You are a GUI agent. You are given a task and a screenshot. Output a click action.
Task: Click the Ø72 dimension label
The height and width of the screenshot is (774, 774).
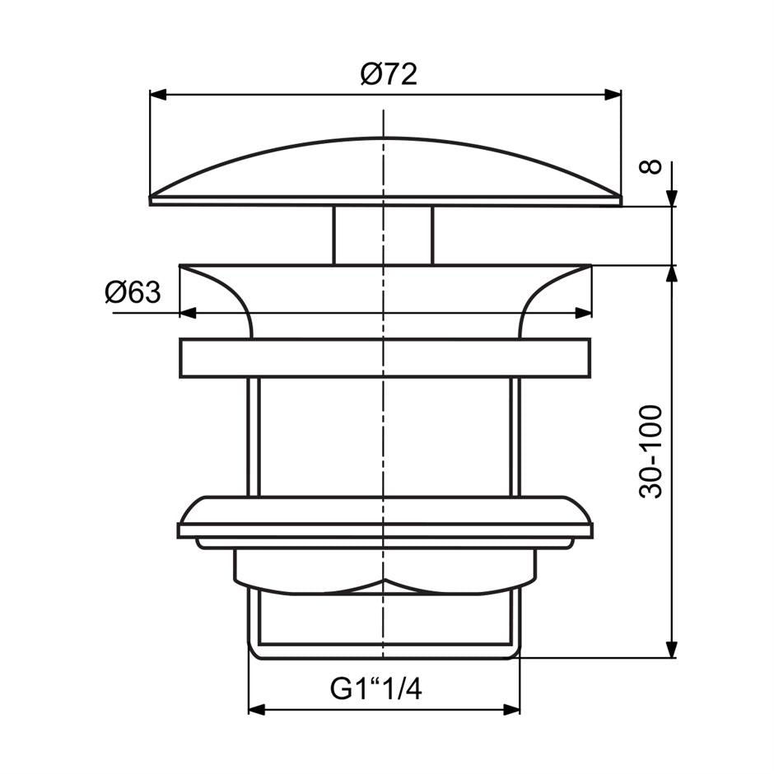point(389,75)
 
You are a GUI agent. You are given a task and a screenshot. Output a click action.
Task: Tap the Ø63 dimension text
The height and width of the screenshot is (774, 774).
point(133,292)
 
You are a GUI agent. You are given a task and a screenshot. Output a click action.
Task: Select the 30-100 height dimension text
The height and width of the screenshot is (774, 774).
point(651,450)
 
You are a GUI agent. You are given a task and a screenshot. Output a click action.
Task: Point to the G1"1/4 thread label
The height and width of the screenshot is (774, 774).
point(376,688)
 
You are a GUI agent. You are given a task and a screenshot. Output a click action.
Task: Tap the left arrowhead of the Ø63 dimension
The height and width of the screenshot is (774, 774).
point(188,313)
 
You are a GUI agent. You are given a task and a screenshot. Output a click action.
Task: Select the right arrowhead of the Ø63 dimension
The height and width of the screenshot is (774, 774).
point(583,313)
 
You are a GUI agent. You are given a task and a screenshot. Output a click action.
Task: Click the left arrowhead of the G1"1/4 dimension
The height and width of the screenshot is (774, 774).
point(257,709)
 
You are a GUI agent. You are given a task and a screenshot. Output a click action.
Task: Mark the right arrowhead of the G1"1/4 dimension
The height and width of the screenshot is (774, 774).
point(511,709)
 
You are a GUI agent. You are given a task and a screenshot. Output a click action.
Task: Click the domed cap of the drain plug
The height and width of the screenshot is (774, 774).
point(385,169)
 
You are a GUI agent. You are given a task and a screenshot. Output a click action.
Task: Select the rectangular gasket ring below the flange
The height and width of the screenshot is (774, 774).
point(385,357)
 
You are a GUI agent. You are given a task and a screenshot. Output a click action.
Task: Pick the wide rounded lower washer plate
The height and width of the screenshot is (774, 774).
point(385,516)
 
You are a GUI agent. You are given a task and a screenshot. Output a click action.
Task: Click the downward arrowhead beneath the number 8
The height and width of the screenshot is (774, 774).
point(672,198)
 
